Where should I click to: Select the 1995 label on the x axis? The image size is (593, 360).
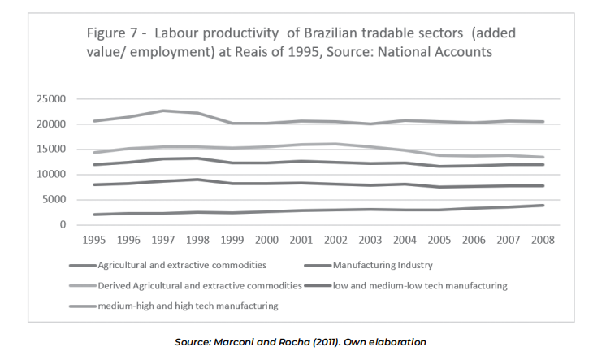click(94, 241)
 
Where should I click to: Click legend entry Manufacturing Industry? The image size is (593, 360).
click(378, 265)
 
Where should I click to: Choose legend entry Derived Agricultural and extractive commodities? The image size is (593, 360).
click(199, 285)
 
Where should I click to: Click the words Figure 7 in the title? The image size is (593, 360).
click(114, 33)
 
